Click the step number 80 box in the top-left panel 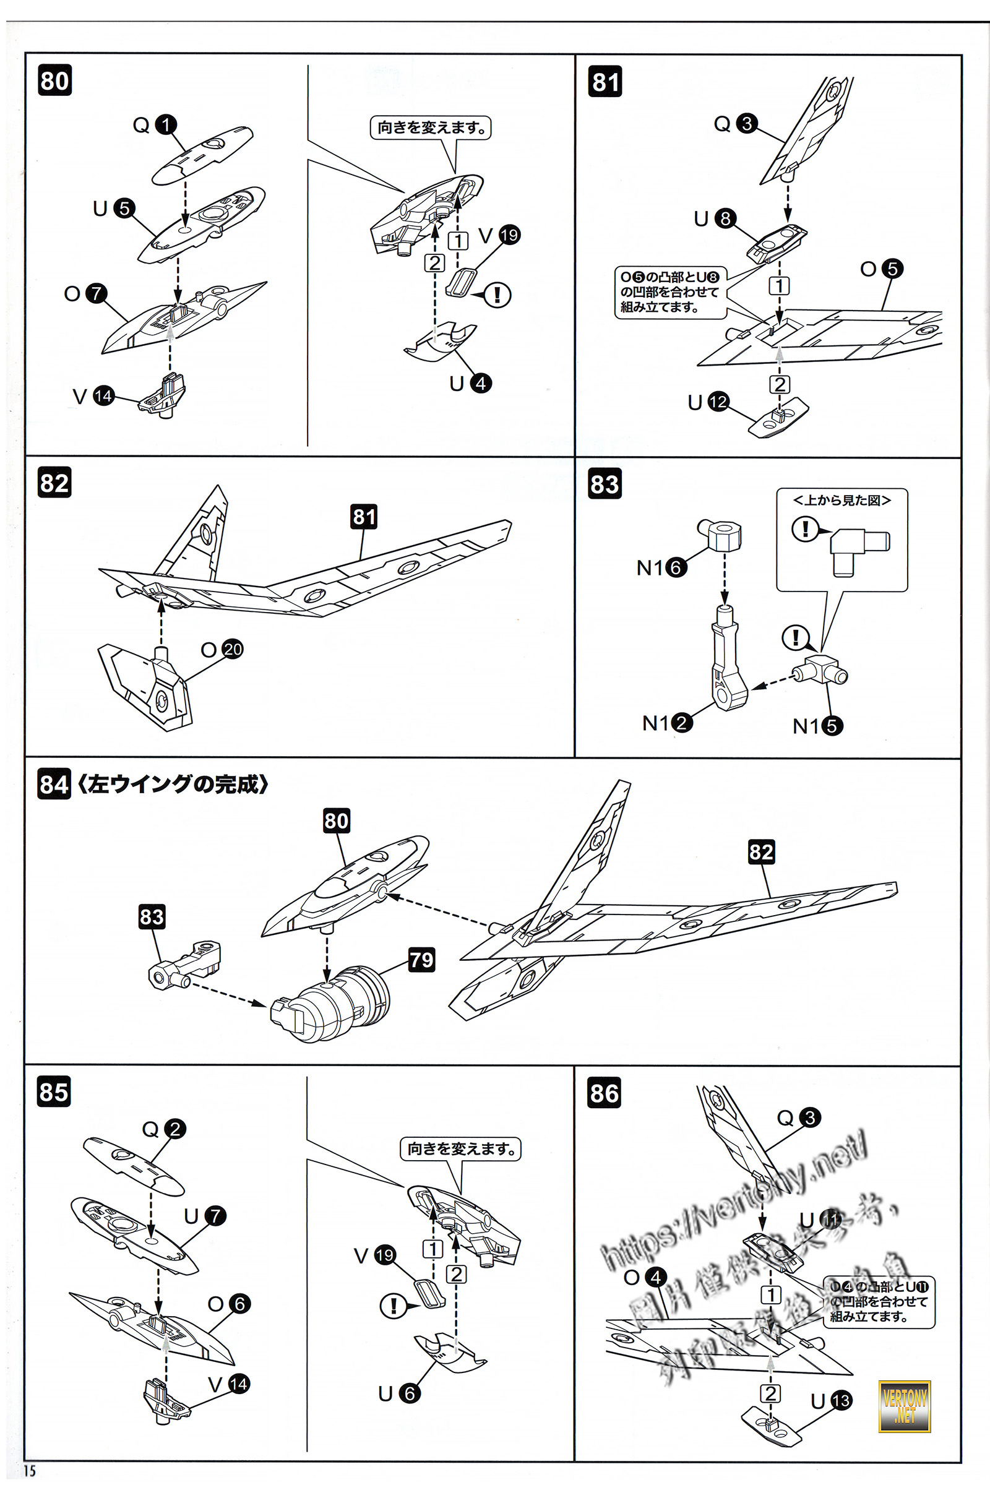click(x=54, y=81)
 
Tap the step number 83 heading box click(x=605, y=484)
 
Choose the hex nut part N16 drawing click(x=720, y=535)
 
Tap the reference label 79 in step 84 click(x=421, y=960)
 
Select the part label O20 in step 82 click(x=222, y=649)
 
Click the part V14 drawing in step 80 click(x=163, y=397)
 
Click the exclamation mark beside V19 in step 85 click(x=394, y=1305)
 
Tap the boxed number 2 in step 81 click(x=780, y=384)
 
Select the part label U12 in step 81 click(x=708, y=402)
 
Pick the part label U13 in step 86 click(x=831, y=1401)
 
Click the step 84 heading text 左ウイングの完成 click(x=173, y=784)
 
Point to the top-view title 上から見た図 click(x=841, y=500)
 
